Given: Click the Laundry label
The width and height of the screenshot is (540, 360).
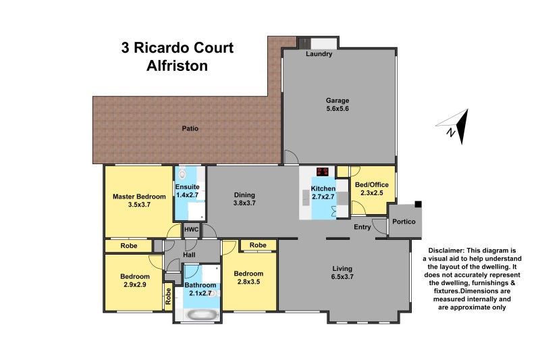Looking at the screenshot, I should coord(319,54).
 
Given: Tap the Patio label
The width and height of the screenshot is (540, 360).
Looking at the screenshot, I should coord(190,128).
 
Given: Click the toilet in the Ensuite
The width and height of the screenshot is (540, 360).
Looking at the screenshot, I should coord(182,172).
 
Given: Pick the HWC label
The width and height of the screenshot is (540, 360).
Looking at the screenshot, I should coord(191,230).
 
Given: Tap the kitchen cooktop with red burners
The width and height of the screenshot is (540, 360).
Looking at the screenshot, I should coord(323,172).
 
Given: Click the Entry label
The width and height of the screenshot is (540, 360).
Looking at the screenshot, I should coord(362,227).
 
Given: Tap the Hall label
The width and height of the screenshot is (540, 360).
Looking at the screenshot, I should coord(190,255).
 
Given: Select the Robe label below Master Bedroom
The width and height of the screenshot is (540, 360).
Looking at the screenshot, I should coord(129,246).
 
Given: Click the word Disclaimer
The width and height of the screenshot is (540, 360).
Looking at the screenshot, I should coord(446,250).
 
